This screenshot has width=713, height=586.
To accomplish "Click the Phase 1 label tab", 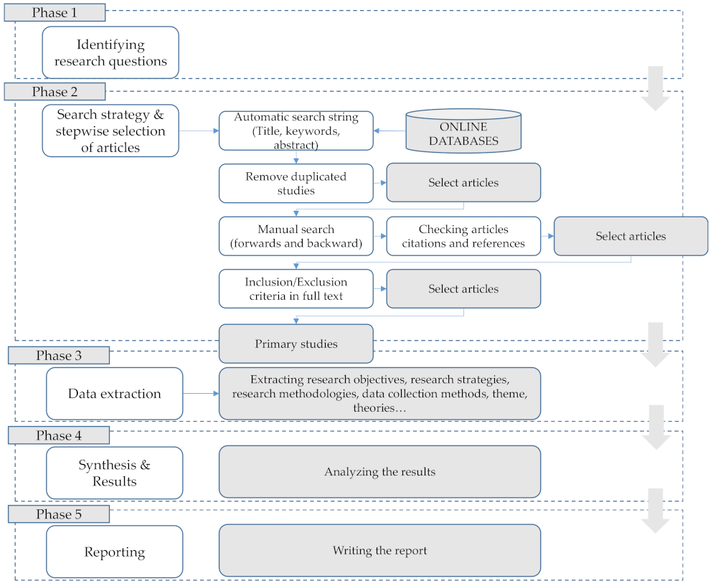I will pyautogui.click(x=55, y=12).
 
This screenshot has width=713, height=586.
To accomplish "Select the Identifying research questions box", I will pyautogui.click(x=110, y=53).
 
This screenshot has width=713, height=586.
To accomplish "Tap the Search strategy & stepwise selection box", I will pyautogui.click(x=110, y=131).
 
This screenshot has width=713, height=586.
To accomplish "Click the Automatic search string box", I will pyautogui.click(x=296, y=131).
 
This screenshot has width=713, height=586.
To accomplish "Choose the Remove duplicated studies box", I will pyautogui.click(x=296, y=183).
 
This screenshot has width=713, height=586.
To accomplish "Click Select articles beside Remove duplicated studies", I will pyautogui.click(x=463, y=183).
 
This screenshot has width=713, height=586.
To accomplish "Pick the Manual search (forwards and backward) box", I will pyautogui.click(x=296, y=236).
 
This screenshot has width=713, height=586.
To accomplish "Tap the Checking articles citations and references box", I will pyautogui.click(x=463, y=236).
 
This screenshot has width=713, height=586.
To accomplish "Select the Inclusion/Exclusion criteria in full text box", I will pyautogui.click(x=296, y=288).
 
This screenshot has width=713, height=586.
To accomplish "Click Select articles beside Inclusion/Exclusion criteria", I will pyautogui.click(x=463, y=288).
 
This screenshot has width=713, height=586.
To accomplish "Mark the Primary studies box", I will pyautogui.click(x=296, y=344).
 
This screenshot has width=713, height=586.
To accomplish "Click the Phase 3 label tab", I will pyautogui.click(x=59, y=356).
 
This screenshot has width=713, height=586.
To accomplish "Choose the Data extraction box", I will pyautogui.click(x=114, y=393).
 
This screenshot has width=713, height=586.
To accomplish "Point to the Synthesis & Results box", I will pyautogui.click(x=114, y=473).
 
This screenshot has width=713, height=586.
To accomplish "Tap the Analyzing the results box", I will pyautogui.click(x=379, y=471).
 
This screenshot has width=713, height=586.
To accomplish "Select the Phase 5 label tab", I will pyautogui.click(x=59, y=514).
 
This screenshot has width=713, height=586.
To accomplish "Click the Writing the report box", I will pyautogui.click(x=379, y=550).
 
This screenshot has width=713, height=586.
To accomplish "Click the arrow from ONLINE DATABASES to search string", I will pyautogui.click(x=389, y=131).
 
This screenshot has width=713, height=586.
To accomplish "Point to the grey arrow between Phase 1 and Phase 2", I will pyautogui.click(x=655, y=88).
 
